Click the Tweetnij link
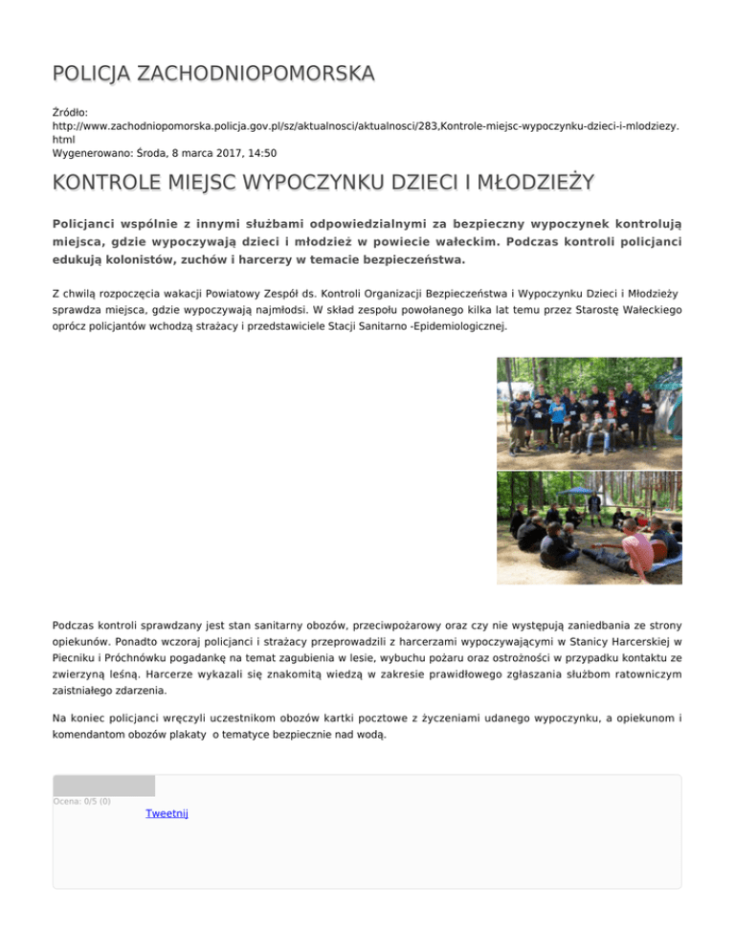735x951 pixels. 167,813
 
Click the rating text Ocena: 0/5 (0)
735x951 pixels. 82,801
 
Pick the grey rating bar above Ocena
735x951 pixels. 103,785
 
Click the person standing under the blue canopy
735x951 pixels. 594,503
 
